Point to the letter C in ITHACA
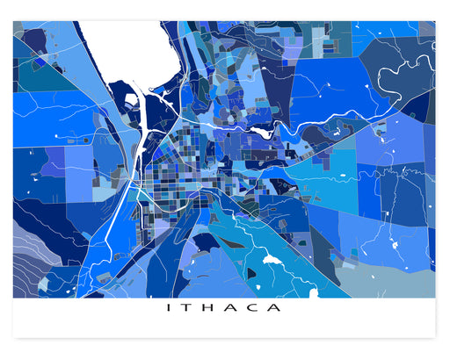click(x=258, y=308)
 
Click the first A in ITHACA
click(x=235, y=308)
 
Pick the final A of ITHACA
click(x=279, y=308)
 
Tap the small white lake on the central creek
click(x=262, y=133)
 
